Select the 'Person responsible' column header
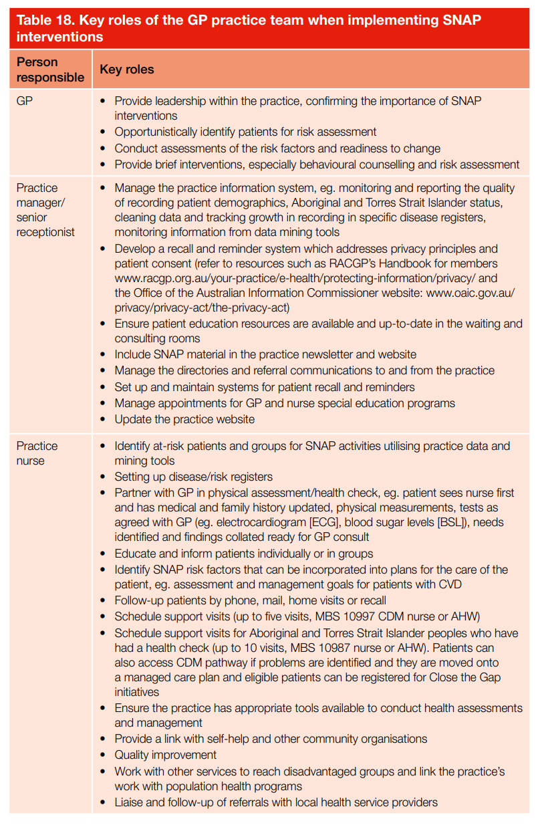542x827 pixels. (x=50, y=70)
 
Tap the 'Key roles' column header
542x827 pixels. (x=127, y=70)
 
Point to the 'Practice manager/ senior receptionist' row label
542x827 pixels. (x=45, y=210)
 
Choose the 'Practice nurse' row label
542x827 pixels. (x=37, y=453)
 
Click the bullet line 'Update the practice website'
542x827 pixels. (x=184, y=420)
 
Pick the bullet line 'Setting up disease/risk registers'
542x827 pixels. (x=193, y=477)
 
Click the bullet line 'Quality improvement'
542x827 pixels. (x=166, y=755)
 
